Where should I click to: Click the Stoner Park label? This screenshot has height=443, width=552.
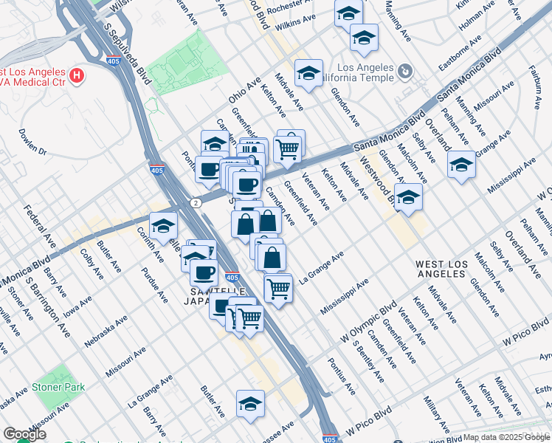pyautogui.click(x=58, y=387)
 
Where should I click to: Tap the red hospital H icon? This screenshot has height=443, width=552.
pyautogui.click(x=75, y=75)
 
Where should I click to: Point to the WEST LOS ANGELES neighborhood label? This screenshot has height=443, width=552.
pyautogui.click(x=441, y=268)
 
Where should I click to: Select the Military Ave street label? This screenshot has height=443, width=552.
pyautogui.click(x=432, y=413)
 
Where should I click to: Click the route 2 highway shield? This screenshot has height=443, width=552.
pyautogui.click(x=194, y=202)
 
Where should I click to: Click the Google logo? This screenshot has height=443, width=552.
pyautogui.click(x=24, y=434)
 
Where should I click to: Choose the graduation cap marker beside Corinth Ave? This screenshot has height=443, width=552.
pyautogui.click(x=163, y=226)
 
